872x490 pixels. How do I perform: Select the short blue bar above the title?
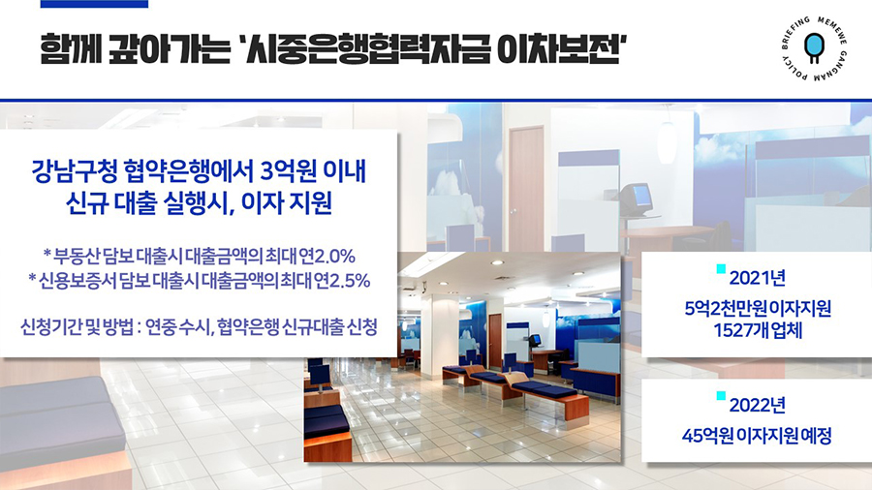click(x=95, y=4)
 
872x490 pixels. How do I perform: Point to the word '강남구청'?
click(x=74, y=170)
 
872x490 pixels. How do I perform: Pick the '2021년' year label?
click(x=758, y=278)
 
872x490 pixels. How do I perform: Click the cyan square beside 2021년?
click(x=721, y=269)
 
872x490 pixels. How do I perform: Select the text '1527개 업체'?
click(x=758, y=330)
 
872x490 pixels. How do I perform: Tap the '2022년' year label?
click(x=758, y=405)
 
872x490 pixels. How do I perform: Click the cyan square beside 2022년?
click(x=721, y=396)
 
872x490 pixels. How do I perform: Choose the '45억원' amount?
click(x=707, y=436)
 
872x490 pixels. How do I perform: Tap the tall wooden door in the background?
click(x=526, y=189)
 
